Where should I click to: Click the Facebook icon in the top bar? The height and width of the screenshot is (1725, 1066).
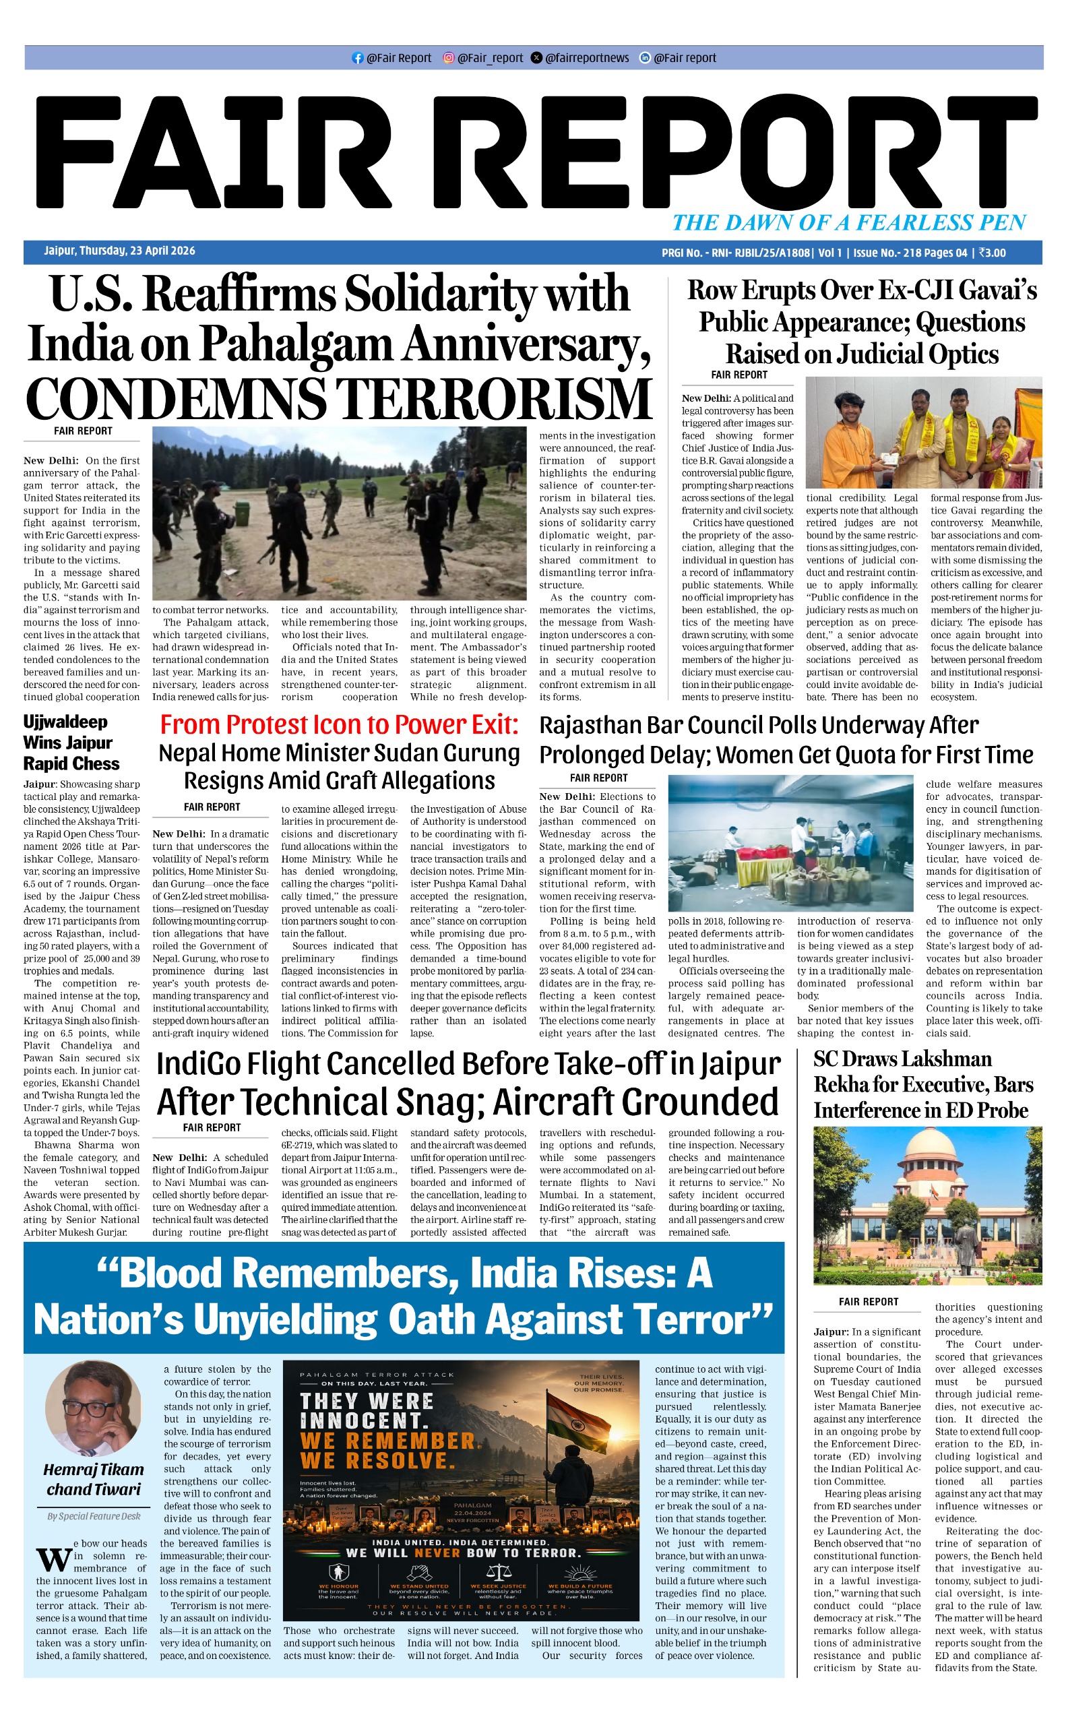pyautogui.click(x=357, y=58)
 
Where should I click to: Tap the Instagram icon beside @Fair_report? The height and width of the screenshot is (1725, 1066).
pyautogui.click(x=448, y=58)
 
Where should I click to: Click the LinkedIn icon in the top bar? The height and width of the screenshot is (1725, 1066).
pyautogui.click(x=644, y=58)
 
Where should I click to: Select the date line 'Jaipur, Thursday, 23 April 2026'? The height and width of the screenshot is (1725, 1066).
pyautogui.click(x=119, y=251)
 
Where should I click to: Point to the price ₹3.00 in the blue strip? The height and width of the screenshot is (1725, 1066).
pyautogui.click(x=993, y=253)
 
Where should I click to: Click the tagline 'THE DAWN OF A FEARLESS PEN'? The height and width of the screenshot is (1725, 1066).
pyautogui.click(x=849, y=223)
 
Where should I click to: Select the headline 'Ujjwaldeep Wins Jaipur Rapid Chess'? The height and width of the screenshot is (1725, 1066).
pyautogui.click(x=71, y=743)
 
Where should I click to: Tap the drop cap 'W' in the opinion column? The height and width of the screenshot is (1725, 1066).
pyautogui.click(x=54, y=1560)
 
